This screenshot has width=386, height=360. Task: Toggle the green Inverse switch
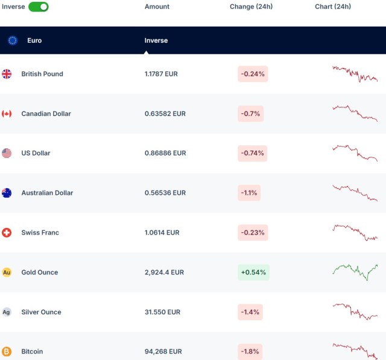click(38, 7)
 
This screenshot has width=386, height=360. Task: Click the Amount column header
click(157, 7)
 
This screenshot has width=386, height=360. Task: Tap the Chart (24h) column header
click(332, 7)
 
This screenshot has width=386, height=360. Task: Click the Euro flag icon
click(13, 40)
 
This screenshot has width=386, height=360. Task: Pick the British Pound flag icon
click(7, 74)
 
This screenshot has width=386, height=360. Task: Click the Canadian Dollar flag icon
click(7, 113)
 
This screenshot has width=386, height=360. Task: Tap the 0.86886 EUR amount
click(165, 153)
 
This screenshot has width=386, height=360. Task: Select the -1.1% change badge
click(249, 193)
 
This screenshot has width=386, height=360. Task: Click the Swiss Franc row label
click(40, 233)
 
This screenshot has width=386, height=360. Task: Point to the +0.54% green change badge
click(253, 273)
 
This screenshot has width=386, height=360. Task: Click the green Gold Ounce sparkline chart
click(355, 272)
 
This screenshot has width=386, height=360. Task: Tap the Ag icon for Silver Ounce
click(7, 312)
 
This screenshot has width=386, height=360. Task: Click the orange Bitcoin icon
click(7, 352)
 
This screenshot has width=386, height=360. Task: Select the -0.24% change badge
click(253, 74)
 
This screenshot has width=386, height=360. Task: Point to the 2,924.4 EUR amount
click(164, 273)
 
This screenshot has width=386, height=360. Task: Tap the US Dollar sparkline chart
click(355, 153)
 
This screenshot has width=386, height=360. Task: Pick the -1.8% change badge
click(249, 352)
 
